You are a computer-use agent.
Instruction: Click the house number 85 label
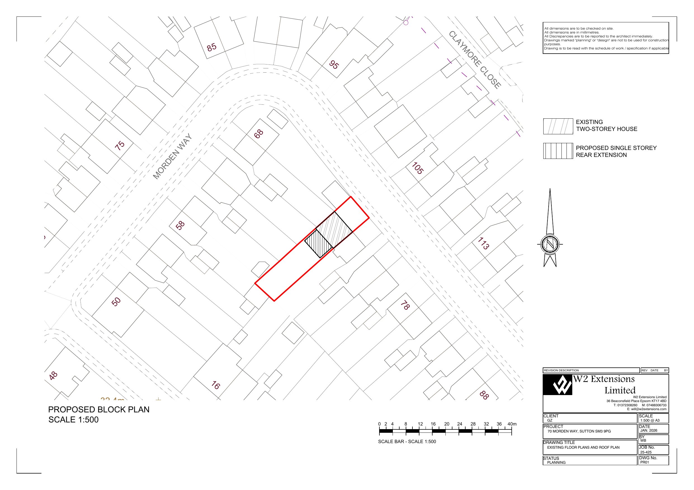212,47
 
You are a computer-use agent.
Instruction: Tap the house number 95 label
334,64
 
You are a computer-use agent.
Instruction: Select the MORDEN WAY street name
172,156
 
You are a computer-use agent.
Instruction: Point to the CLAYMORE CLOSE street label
475,59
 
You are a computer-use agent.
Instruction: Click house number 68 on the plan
258,134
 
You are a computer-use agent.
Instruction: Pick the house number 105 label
418,168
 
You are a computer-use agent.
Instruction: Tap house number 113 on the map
483,243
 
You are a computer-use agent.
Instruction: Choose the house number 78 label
405,305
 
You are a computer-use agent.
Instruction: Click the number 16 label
216,385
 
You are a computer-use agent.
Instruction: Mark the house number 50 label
116,302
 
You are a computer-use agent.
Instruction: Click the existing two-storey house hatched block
334,230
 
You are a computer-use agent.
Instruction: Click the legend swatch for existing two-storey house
558,126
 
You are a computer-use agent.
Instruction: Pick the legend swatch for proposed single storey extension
558,151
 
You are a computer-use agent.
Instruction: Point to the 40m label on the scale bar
512,424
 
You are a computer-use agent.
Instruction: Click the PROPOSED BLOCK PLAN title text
99,409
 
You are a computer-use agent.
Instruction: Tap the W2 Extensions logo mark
558,385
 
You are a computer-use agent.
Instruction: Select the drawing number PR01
645,462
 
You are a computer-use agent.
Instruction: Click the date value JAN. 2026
649,431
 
